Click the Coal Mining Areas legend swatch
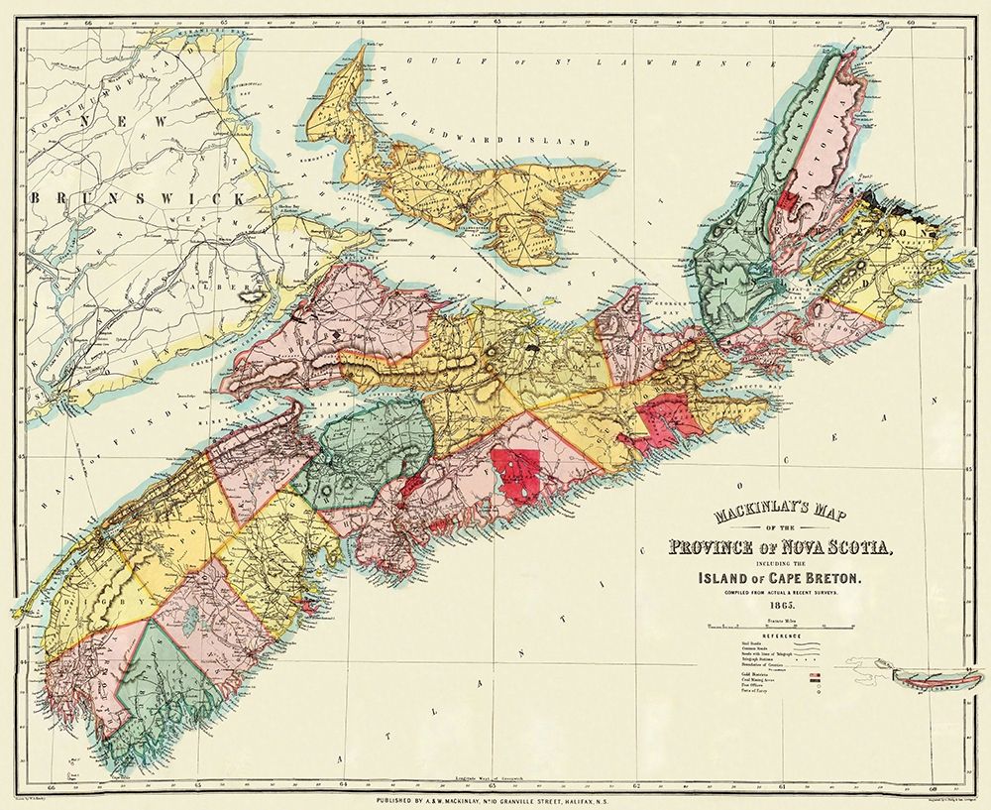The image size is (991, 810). click(x=815, y=680)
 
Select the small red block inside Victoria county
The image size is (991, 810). click(x=789, y=198)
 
